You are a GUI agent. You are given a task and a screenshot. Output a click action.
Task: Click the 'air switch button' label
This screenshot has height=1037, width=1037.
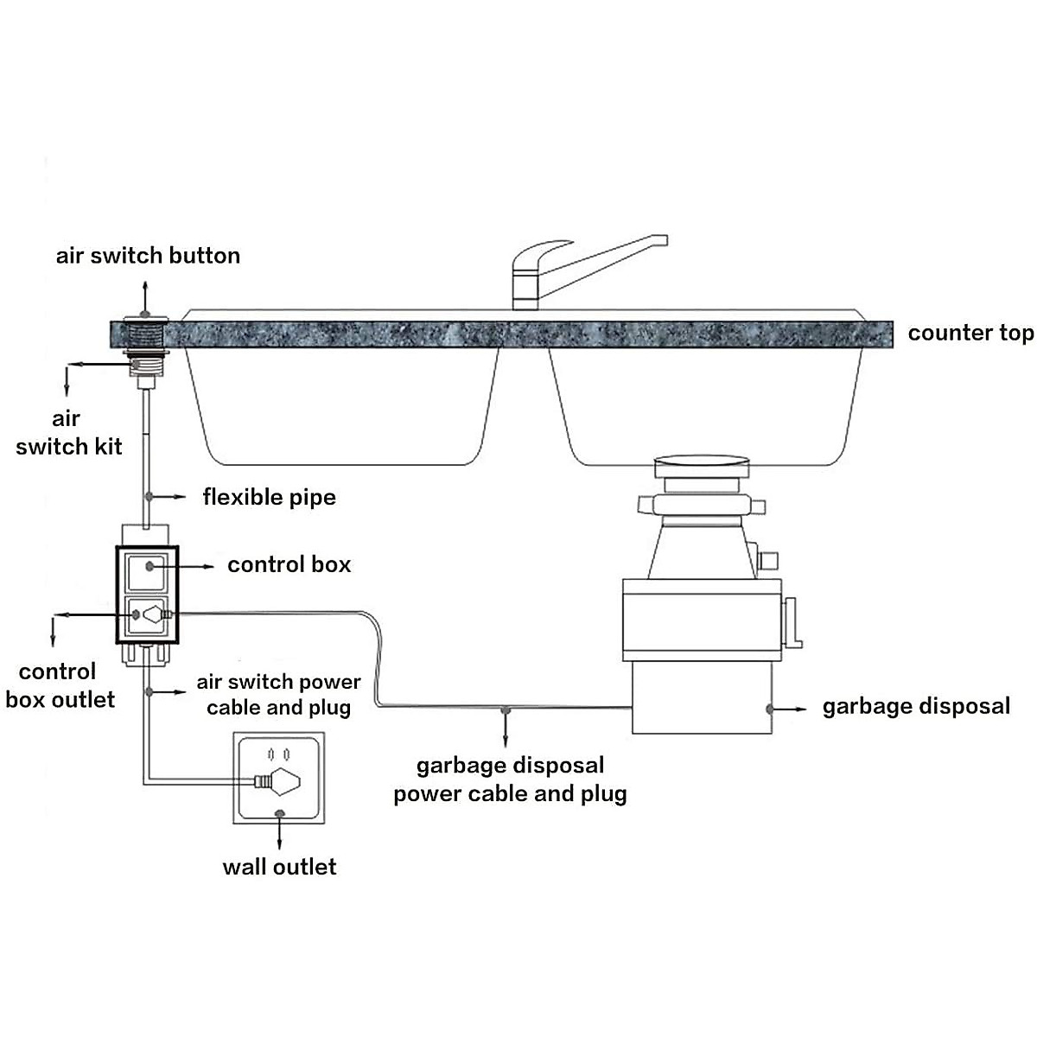coord(148,256)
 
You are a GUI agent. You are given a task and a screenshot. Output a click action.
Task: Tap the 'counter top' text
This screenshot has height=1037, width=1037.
coord(970,334)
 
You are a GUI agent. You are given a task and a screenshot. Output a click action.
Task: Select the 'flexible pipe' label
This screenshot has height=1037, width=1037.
coord(269,497)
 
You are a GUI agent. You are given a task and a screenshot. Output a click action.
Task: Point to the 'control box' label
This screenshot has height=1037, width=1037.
coord(289,565)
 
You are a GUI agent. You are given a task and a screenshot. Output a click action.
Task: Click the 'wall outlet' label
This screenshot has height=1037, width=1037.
coord(279,867)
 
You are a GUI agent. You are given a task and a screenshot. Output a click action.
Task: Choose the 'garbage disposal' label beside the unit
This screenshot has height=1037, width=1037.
coord(916,707)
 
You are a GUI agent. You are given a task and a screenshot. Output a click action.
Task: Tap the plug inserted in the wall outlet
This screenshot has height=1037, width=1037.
coord(278,781)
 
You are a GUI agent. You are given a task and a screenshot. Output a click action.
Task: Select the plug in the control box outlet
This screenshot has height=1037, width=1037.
coord(153,615)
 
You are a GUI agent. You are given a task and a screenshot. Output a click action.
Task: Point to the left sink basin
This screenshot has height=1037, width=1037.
coord(343,398)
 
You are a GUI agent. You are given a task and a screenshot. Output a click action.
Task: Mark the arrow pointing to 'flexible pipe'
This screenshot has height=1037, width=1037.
coord(168,497)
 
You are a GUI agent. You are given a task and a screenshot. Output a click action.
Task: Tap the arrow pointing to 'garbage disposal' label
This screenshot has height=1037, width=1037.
coord(788,709)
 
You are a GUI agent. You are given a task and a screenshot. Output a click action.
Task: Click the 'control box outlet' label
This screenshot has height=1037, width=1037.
coord(59,685)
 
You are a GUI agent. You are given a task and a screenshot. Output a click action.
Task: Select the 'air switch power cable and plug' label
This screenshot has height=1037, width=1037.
coord(278,695)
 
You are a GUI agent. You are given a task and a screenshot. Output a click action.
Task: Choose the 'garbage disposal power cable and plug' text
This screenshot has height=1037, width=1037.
coord(510,779)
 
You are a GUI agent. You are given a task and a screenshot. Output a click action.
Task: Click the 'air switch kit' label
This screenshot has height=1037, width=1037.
coord(68,432)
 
